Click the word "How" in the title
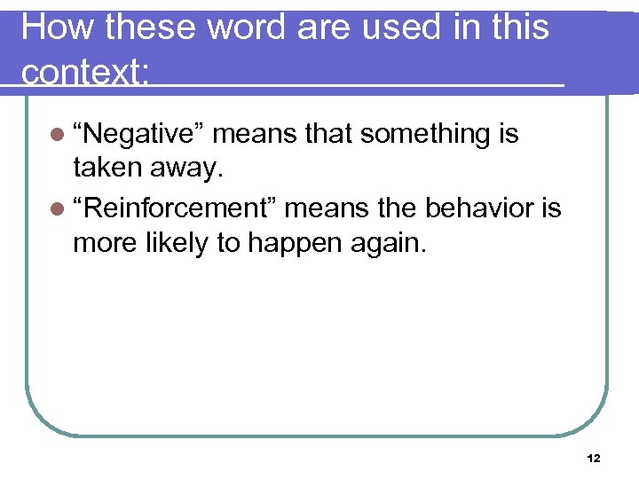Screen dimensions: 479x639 coord(58,28)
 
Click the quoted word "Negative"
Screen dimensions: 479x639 coord(139,135)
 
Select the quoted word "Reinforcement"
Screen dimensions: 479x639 coord(175,209)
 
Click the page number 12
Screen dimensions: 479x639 coord(594,459)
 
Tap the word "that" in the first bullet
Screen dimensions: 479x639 coord(327,135)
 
